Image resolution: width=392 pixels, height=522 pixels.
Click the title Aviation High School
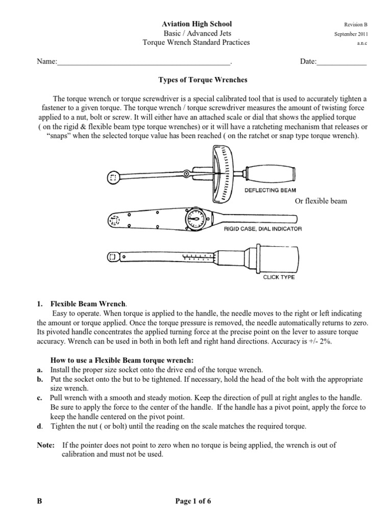tap(197, 24)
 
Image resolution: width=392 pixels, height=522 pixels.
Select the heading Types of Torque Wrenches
tap(197, 80)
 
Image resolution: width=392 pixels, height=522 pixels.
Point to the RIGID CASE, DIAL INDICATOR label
tap(263, 229)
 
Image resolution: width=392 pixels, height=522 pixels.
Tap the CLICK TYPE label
tap(278, 277)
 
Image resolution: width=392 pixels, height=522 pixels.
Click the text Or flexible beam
tap(321, 201)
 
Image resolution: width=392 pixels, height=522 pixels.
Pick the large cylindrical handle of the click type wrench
tap(278, 257)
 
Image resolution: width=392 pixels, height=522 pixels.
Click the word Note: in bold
tap(46, 445)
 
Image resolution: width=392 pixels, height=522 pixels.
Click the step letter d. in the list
tap(40, 426)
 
